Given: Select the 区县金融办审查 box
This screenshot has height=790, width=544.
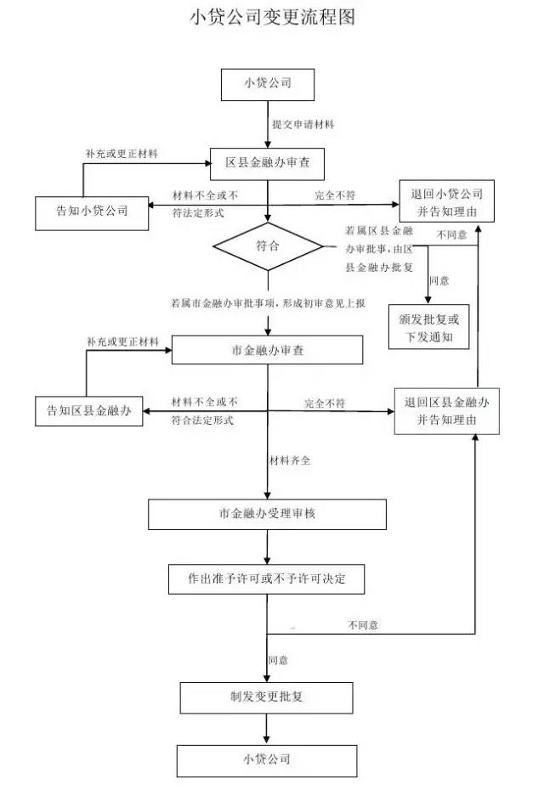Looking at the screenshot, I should tap(267, 162).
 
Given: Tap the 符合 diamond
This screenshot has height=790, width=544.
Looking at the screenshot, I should tap(268, 246).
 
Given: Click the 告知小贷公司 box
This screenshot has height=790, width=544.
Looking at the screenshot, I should tap(91, 212).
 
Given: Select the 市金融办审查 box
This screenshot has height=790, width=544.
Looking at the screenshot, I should tap(268, 350).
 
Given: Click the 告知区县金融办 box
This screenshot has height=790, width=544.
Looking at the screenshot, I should tap(88, 412).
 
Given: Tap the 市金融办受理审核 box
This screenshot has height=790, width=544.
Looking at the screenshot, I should tap(268, 514).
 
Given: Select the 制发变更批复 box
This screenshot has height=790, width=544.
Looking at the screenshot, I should tap(267, 697).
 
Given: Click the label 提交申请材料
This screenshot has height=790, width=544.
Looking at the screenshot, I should tap(303, 124).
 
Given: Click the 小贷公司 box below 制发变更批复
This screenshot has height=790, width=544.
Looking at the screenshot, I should tap(267, 758).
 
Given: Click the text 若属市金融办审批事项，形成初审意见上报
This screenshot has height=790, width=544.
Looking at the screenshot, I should tap(268, 302).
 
